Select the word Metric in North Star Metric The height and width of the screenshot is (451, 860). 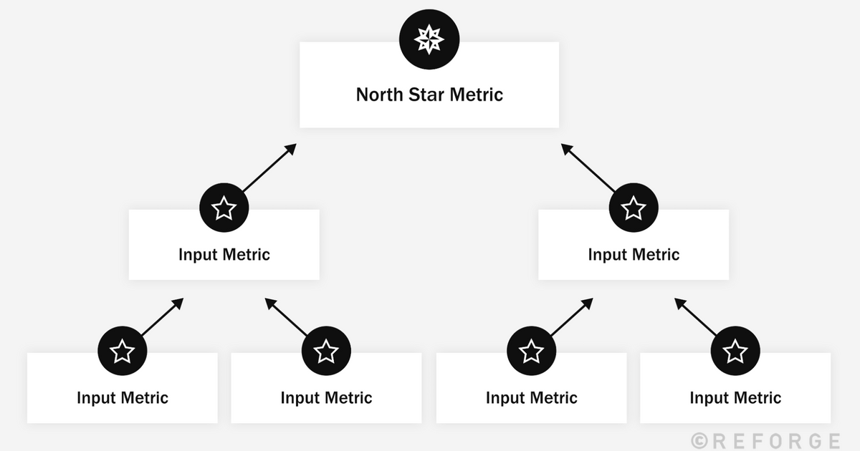coord(477,94)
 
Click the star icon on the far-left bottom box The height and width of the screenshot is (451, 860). coord(122,351)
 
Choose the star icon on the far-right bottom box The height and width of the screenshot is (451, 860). coord(735,351)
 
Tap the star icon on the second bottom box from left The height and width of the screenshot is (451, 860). coord(326,351)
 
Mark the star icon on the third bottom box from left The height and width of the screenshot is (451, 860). coord(531,351)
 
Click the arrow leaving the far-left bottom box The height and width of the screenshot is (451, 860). coord(163,316)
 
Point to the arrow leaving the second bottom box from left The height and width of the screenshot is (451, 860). coord(287,316)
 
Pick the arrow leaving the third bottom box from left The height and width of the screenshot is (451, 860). coord(572,316)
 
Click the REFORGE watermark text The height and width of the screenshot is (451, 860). coord(774,440)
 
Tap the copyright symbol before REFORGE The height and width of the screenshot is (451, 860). coord(699,440)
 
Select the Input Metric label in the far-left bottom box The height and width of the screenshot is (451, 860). coord(123,398)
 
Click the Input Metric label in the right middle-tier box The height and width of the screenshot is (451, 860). coord(634,254)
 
